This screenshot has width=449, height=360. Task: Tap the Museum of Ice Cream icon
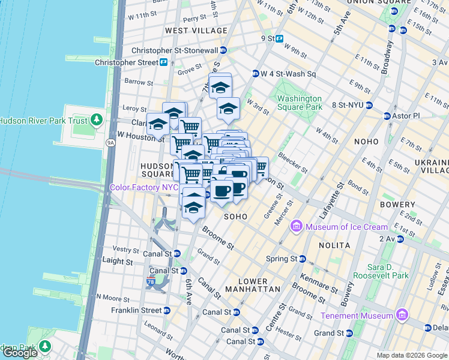[296, 227]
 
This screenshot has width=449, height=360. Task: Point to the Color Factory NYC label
[144, 187]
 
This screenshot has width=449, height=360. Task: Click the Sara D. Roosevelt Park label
[388, 271]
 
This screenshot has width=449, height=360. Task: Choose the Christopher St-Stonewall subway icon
[223, 51]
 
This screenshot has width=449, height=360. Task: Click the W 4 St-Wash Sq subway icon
[255, 74]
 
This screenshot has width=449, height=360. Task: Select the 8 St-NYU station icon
[369, 105]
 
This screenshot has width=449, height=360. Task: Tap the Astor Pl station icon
[387, 115]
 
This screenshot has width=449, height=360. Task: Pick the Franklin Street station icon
[167, 310]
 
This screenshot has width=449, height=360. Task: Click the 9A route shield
[110, 143]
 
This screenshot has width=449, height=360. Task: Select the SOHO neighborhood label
[236, 216]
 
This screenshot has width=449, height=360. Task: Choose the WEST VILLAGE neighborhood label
[196, 31]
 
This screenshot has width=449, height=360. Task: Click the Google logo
[20, 353]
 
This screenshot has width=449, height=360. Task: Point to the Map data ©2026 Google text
[411, 355]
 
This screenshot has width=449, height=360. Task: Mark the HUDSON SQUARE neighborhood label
[157, 170]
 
